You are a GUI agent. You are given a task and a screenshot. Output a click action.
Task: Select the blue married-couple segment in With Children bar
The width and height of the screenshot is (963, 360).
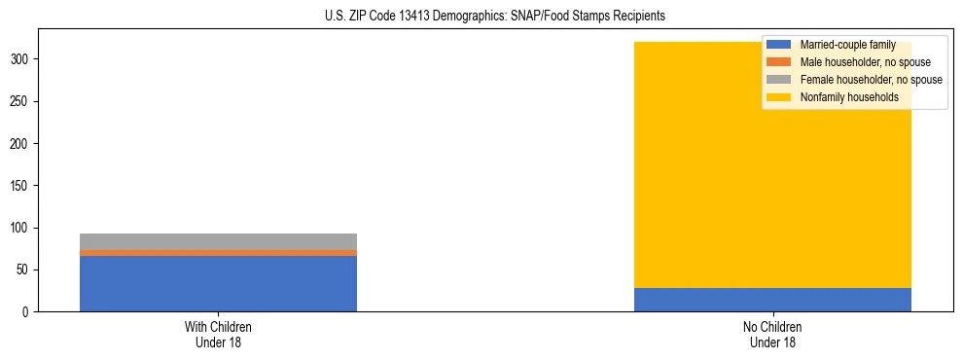pos(218,283)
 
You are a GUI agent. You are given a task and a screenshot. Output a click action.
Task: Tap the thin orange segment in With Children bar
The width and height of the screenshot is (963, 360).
pos(218,253)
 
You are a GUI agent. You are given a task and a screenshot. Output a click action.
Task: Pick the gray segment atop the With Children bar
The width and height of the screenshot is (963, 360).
pos(218,241)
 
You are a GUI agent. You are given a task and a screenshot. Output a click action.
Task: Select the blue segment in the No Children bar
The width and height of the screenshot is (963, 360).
pos(772,300)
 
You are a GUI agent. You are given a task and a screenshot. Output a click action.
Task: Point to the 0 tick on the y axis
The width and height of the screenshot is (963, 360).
pos(28,312)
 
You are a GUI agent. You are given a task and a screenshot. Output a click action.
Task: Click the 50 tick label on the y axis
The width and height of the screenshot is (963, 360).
pos(25,270)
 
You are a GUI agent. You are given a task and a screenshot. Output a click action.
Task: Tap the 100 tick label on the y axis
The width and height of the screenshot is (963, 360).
pos(22,228)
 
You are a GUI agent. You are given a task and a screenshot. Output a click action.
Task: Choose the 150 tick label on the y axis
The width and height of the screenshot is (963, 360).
pos(22,186)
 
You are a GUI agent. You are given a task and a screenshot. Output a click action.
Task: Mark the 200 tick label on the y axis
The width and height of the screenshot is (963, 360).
pos(22,143)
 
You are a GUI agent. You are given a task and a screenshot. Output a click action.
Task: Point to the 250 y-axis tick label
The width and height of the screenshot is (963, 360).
pos(22,101)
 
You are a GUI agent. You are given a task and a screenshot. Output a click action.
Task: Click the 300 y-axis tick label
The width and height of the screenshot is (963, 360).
pos(22,59)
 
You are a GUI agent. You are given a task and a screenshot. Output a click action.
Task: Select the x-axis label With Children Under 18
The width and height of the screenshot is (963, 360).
pos(218,335)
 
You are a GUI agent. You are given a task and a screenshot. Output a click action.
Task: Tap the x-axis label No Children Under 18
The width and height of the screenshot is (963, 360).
pos(772,335)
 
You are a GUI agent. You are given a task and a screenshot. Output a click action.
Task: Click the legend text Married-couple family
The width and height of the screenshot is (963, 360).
pos(847,45)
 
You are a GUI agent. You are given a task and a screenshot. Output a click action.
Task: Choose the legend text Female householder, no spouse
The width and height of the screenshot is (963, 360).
pos(871,80)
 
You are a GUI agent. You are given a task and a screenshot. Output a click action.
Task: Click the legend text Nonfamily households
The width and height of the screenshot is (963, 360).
pos(849,97)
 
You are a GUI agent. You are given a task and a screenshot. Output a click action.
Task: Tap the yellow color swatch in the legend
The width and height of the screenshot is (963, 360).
pos(779,97)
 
